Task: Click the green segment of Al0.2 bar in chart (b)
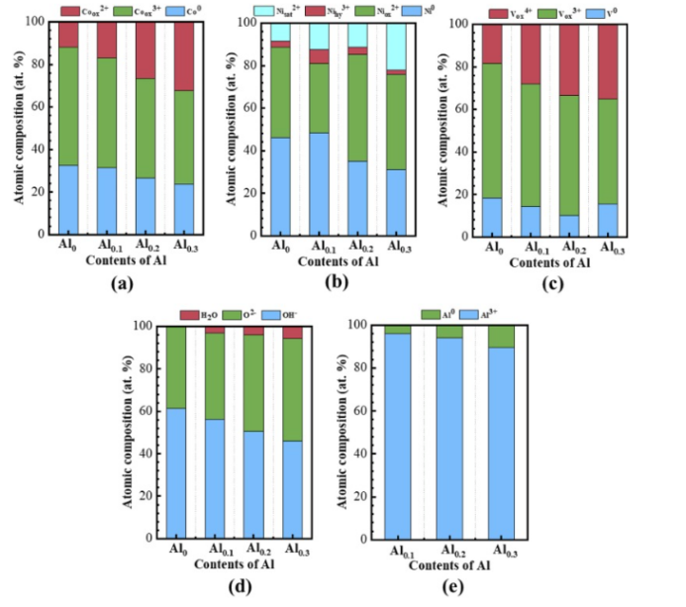point(357,108)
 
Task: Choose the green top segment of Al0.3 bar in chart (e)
point(501,336)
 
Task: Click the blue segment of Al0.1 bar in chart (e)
point(398,436)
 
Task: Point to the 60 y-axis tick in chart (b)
point(255,106)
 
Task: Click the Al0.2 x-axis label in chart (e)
point(450,552)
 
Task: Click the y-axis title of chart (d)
point(129,433)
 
